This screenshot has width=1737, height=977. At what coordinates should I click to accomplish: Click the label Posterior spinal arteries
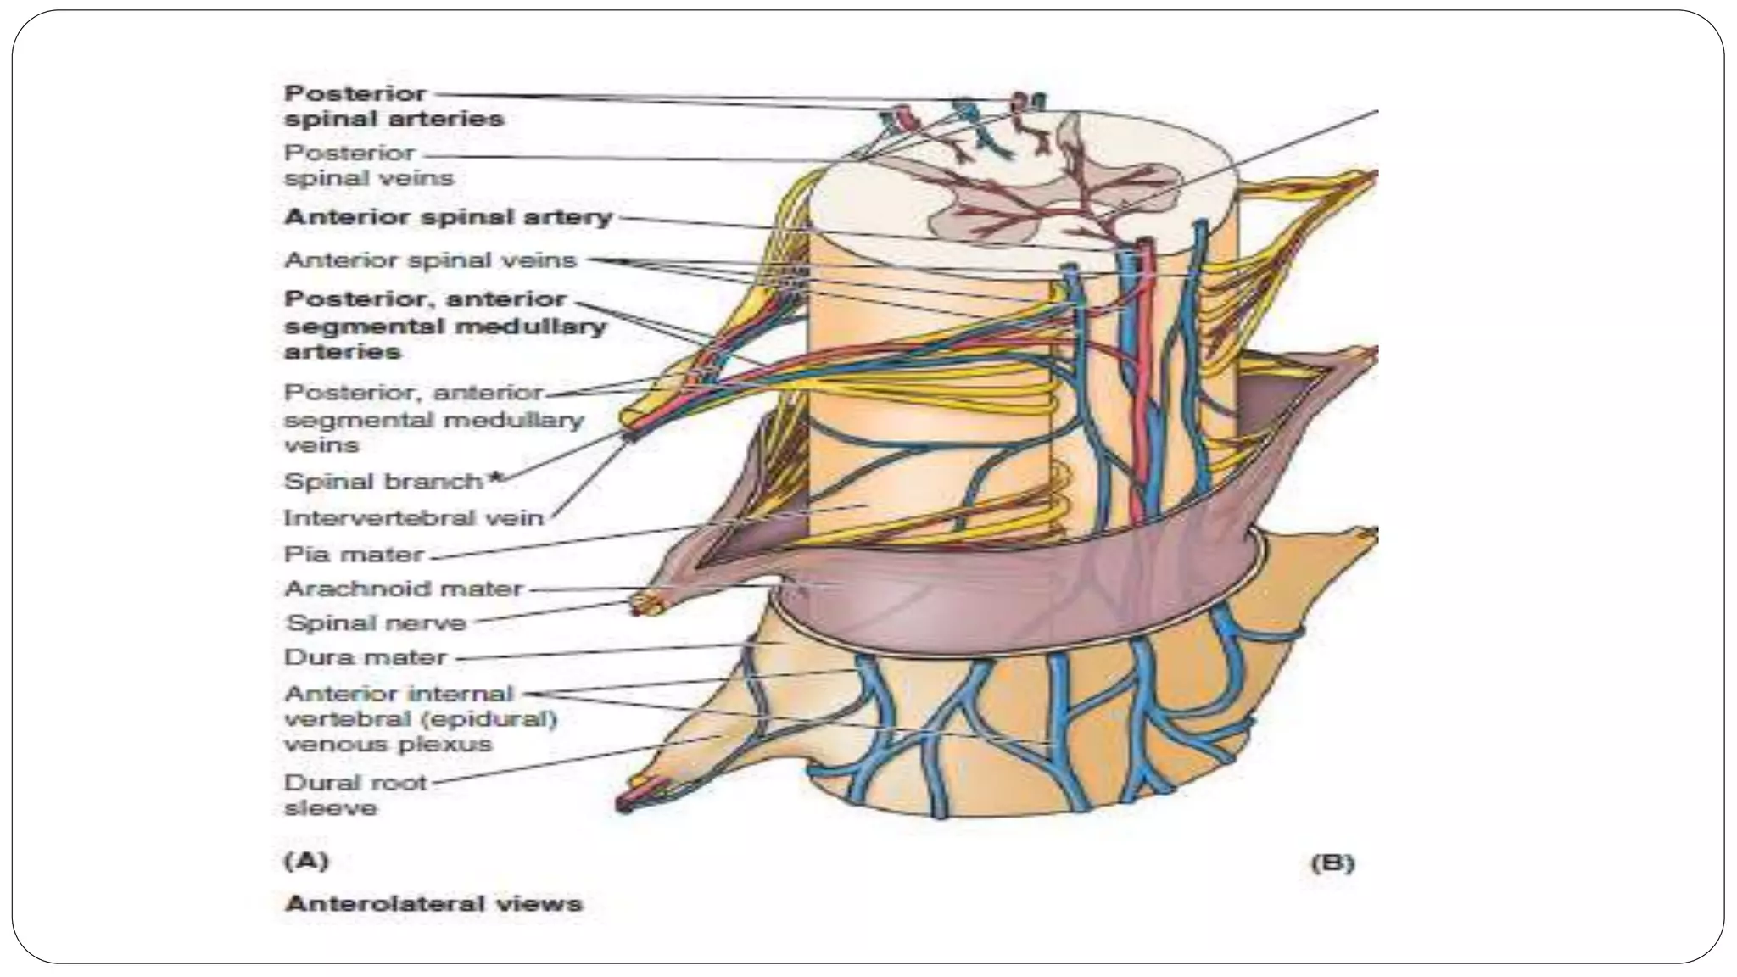pyautogui.click(x=394, y=106)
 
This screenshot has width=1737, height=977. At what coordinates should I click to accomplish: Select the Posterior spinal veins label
pyautogui.click(x=368, y=165)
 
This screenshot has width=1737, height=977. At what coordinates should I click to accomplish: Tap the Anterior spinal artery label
pyautogui.click(x=448, y=217)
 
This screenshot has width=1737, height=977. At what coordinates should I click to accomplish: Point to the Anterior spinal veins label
pyautogui.click(x=430, y=260)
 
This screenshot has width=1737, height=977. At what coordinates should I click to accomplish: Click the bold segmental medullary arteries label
pyautogui.click(x=444, y=325)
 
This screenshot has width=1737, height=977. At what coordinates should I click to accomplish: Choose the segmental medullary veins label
pyautogui.click(x=433, y=419)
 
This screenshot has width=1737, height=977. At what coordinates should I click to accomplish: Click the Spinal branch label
pyautogui.click(x=383, y=482)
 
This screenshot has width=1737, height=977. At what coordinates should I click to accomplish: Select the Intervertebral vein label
pyautogui.click(x=413, y=517)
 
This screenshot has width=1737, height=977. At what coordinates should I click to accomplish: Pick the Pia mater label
pyautogui.click(x=353, y=555)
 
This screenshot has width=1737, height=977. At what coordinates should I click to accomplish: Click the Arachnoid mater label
pyautogui.click(x=403, y=589)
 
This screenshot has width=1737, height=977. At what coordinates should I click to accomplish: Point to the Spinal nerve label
pyautogui.click(x=376, y=623)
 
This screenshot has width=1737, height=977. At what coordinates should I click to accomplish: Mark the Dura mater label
pyautogui.click(x=365, y=657)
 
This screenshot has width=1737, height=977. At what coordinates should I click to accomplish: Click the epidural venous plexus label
pyautogui.click(x=420, y=718)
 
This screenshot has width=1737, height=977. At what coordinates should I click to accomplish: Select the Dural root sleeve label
pyautogui.click(x=355, y=795)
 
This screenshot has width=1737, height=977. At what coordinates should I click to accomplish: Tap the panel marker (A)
pyautogui.click(x=305, y=861)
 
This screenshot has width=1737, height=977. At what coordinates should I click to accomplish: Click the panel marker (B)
pyautogui.click(x=1332, y=863)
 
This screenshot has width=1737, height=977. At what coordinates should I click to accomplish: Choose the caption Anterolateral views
pyautogui.click(x=433, y=903)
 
